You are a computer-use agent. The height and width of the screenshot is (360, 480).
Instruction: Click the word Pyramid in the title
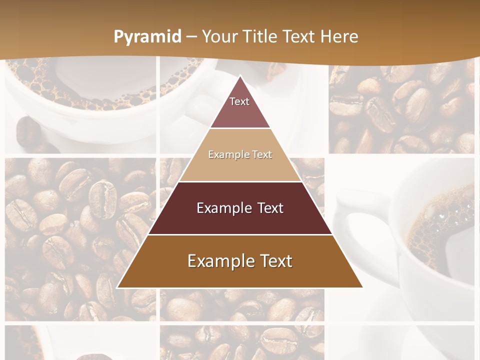147,37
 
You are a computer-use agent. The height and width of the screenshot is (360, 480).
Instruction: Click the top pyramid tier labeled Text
239,105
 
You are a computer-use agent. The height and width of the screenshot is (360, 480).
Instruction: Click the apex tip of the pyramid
240,76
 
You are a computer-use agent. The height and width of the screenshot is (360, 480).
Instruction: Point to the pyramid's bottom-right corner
361,287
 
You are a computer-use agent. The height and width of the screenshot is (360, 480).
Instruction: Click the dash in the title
191,37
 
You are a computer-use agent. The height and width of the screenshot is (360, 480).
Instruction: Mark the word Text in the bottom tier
274,261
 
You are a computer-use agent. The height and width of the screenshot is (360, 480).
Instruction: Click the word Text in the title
299,36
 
